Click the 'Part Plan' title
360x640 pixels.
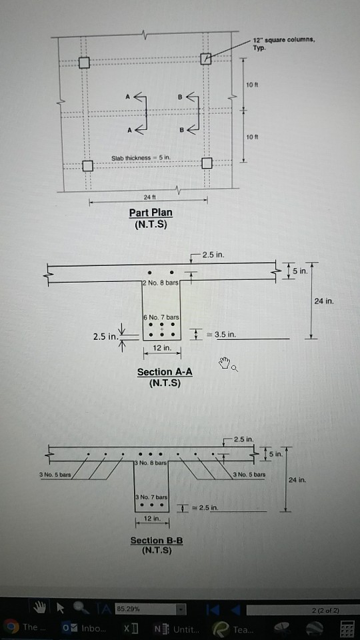[x=151, y=213]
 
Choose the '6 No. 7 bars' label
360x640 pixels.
[x=160, y=315]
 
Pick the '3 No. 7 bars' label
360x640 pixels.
[x=150, y=497]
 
